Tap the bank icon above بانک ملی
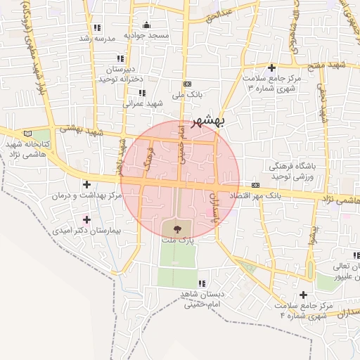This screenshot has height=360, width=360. point(187,83)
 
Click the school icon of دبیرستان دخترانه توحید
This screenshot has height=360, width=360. point(120,58)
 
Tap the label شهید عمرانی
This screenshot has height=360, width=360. point(143,103)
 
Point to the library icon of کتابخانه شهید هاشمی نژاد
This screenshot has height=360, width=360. point(28,133)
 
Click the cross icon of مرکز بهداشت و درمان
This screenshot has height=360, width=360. point(86,184)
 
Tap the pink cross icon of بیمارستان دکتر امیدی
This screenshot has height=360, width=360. point(86,219)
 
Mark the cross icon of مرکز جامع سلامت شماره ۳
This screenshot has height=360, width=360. point(271,67)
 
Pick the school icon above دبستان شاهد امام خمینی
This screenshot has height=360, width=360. point(202,283)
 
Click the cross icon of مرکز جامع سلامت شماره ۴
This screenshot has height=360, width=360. point(303,295)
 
